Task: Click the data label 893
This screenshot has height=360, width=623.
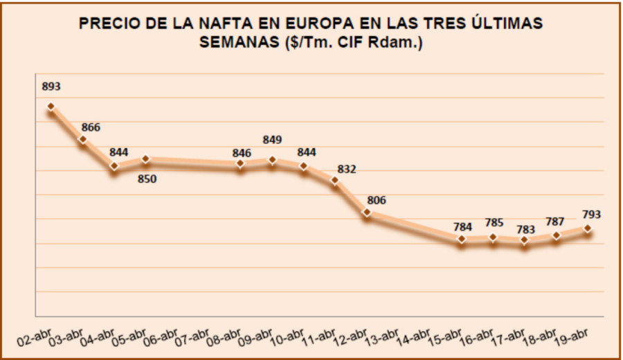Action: (52, 87)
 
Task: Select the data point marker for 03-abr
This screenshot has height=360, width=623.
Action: (82, 140)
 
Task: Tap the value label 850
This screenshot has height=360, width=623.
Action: (147, 179)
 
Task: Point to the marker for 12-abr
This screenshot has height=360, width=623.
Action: (367, 214)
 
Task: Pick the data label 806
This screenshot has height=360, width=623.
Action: (377, 201)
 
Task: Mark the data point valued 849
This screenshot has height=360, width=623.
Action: (272, 160)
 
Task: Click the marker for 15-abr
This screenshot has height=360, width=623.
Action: (462, 239)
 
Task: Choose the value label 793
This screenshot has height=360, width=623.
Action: (590, 215)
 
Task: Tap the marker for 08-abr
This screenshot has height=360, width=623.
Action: (240, 164)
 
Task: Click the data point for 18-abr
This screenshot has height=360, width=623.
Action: (556, 236)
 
